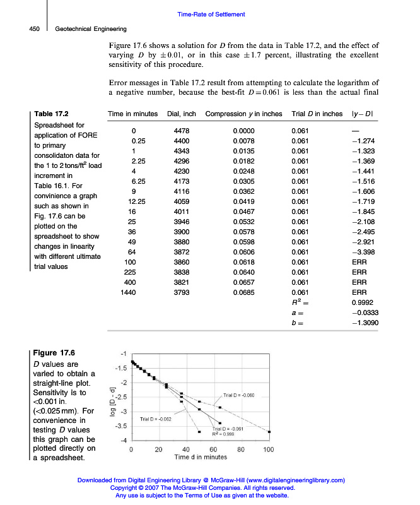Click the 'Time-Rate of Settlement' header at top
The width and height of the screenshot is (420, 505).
[x=211, y=15]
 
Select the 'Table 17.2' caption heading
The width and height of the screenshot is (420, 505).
[x=52, y=114]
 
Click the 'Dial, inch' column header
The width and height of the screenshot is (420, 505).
[x=182, y=114]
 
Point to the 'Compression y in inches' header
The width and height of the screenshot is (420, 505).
[x=244, y=114]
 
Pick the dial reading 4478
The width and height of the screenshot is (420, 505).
[x=182, y=131]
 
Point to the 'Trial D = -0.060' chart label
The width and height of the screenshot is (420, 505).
[x=238, y=395]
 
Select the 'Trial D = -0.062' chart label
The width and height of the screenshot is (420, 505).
[x=156, y=419]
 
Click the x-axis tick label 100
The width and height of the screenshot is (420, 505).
[x=269, y=449]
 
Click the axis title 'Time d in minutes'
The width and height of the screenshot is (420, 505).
[x=201, y=457]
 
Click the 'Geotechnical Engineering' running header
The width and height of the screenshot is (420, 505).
[x=91, y=28]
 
